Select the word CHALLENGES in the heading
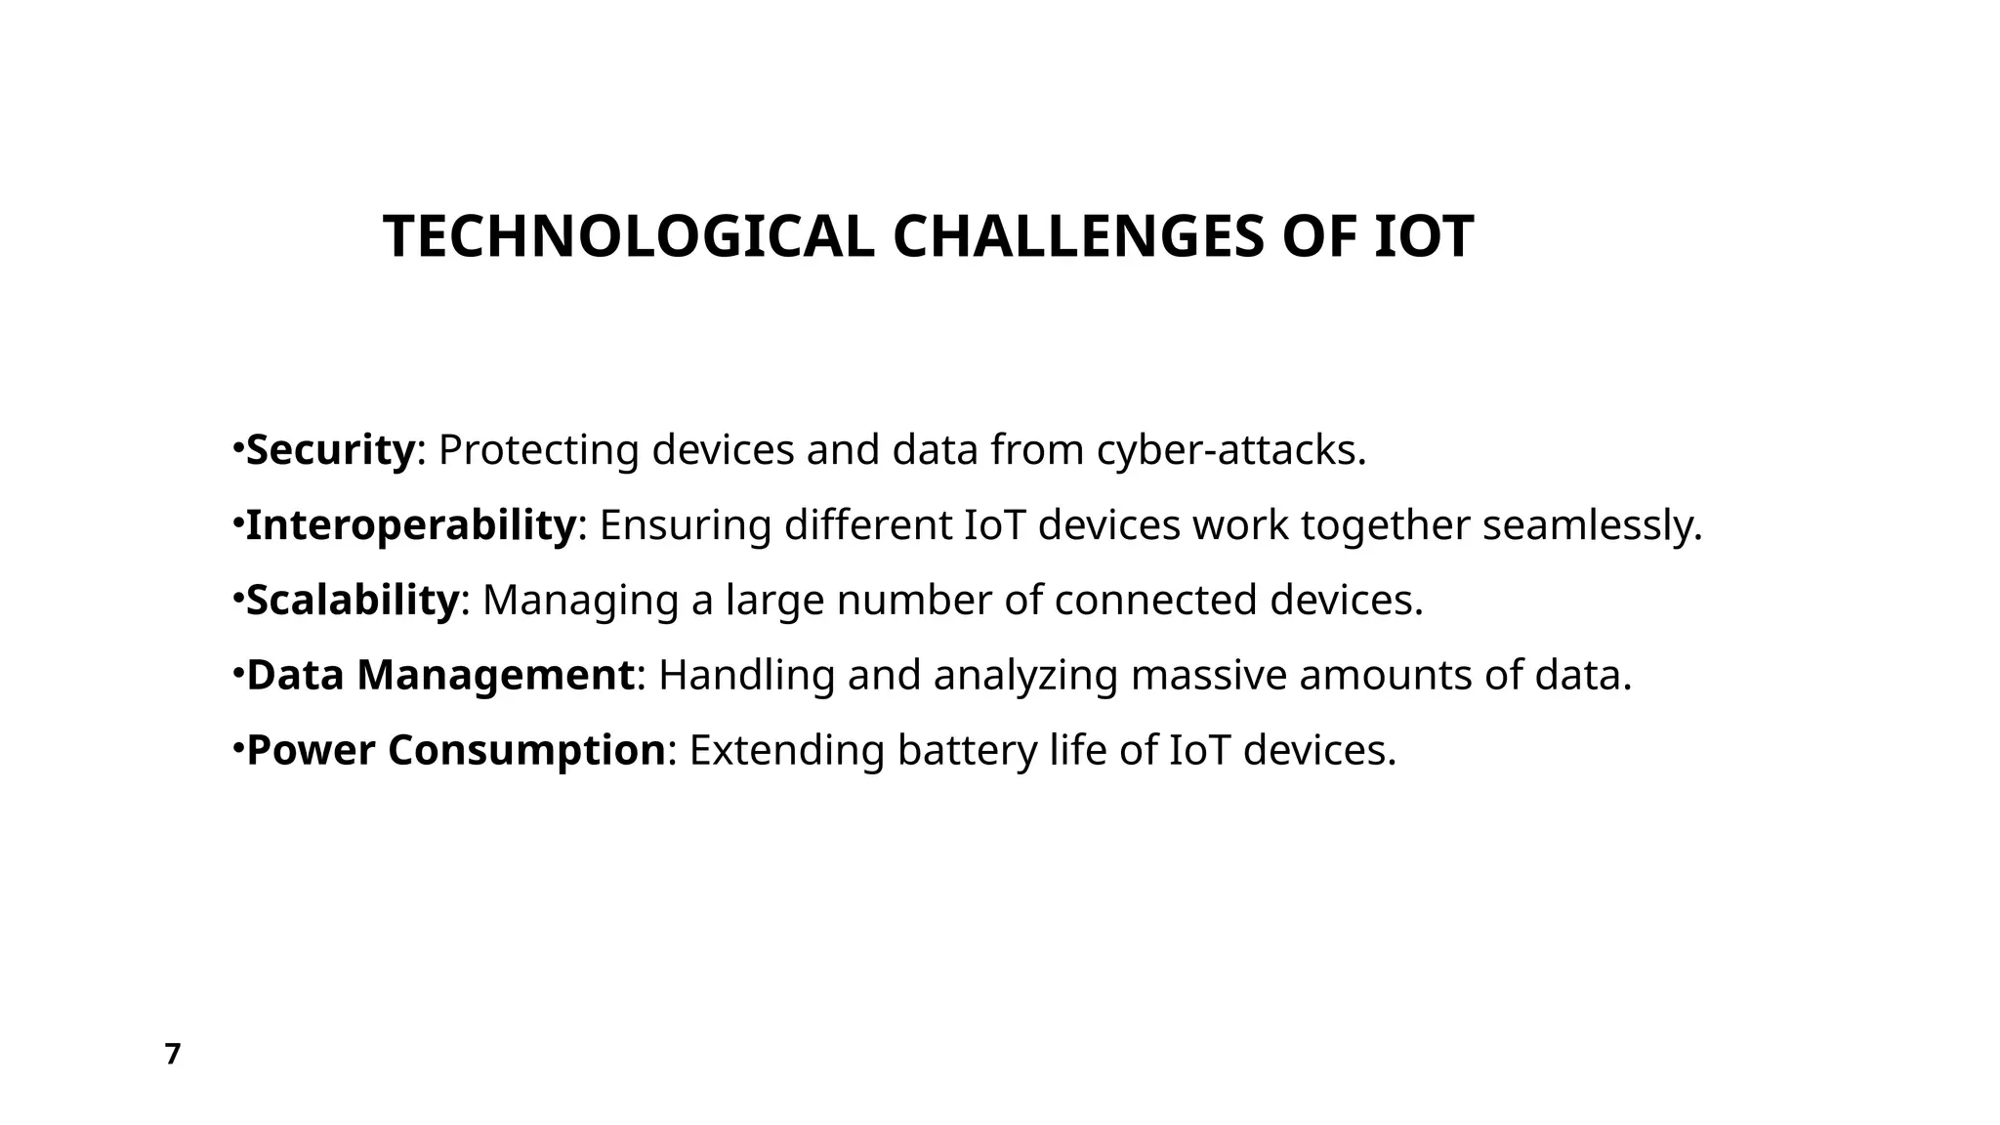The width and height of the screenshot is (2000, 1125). pos(1077,237)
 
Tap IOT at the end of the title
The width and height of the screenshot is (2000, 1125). pos(1424,237)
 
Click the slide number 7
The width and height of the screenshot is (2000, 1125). pos(173,1055)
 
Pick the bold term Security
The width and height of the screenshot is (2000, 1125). pos(330,450)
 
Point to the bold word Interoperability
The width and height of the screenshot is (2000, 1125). pos(410,525)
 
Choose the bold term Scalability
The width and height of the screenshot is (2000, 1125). pos(352,600)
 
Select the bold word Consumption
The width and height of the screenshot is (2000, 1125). pos(526,750)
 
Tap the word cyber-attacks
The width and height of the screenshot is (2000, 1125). pos(1230,450)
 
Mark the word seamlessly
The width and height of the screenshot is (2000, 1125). pos(1592,525)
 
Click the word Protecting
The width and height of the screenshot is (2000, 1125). pos(538,450)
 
